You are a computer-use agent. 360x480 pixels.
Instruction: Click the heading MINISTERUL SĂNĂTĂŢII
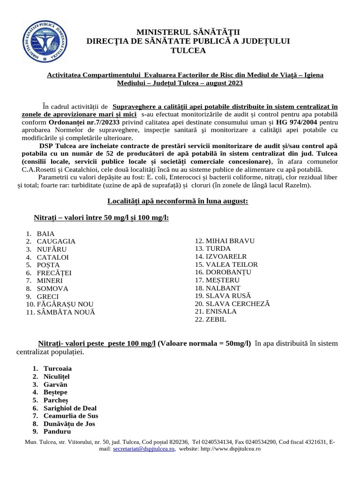tap(188, 32)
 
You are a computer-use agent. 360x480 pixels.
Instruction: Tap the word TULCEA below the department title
tap(188, 51)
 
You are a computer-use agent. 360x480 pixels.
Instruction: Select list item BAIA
tap(45, 233)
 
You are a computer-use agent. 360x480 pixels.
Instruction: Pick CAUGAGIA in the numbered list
tap(56, 241)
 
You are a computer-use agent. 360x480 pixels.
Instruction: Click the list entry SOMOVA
tap(52, 288)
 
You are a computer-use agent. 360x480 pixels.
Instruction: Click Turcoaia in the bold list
tap(58, 368)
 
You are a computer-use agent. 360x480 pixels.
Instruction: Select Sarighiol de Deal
tap(70, 408)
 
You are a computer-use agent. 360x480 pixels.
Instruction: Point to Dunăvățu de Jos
tap(69, 423)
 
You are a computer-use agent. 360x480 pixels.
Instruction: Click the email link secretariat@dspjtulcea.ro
tap(144, 449)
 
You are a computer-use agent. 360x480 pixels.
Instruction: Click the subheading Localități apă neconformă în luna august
tap(178, 201)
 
